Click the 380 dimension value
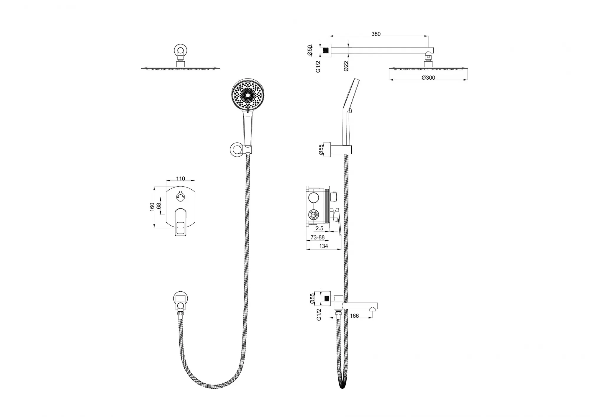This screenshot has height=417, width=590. point(376,34)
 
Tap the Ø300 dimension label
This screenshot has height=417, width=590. point(428,78)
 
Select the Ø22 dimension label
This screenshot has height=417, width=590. point(346,66)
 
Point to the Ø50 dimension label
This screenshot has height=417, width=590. point(309,50)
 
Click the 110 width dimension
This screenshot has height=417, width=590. point(181,178)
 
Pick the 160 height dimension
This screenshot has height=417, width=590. point(152,207)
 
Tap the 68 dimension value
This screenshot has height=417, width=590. point(159,206)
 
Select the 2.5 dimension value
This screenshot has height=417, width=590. point(319,228)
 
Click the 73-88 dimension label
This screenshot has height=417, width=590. point(317,237)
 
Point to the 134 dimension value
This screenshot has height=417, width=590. point(324,246)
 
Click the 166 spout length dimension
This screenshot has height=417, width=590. point(354,316)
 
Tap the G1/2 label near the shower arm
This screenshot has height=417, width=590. point(318,66)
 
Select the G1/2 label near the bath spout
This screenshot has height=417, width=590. point(319,315)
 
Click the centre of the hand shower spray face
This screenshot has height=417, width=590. point(248,95)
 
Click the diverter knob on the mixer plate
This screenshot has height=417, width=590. point(180,196)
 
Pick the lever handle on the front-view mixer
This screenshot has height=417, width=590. point(181,222)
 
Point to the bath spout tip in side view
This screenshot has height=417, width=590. point(374,308)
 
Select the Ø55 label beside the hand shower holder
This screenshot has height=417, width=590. point(321,150)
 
